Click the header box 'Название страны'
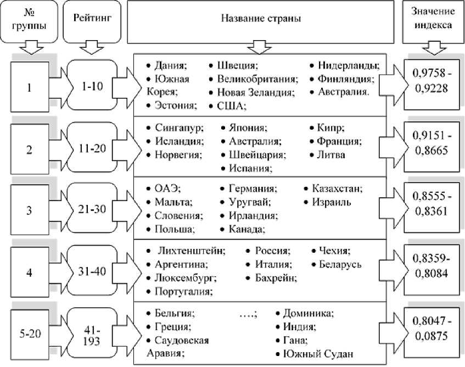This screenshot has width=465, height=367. coord(260,19)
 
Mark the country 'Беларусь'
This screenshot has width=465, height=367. coord(340,265)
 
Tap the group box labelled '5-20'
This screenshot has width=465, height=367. coord(30,335)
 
